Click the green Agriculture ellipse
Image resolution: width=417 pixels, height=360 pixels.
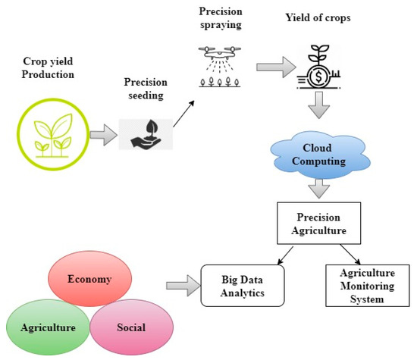[x=47, y=328]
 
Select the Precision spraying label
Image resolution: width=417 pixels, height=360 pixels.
[x=221, y=19]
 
